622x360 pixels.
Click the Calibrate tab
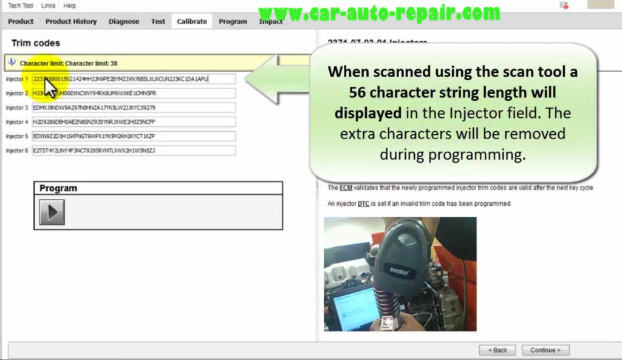(x=192, y=21)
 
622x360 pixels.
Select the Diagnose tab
(x=123, y=21)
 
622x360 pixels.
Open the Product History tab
(x=71, y=21)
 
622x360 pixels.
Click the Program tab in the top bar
(x=233, y=21)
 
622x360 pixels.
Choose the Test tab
(x=158, y=21)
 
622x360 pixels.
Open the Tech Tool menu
(x=21, y=5)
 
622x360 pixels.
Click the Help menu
(x=70, y=5)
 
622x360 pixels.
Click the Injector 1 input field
(x=134, y=79)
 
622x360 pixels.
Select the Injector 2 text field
(x=134, y=93)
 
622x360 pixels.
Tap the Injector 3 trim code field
(x=134, y=107)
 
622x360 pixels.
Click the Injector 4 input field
(x=134, y=122)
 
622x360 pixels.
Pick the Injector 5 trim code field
(x=134, y=136)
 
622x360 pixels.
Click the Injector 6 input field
(x=134, y=151)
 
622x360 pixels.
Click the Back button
(x=497, y=350)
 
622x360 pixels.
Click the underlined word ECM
(x=346, y=188)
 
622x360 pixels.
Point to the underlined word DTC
(x=363, y=204)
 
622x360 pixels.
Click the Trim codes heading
(x=36, y=44)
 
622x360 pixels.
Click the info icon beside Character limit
(x=12, y=62)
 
